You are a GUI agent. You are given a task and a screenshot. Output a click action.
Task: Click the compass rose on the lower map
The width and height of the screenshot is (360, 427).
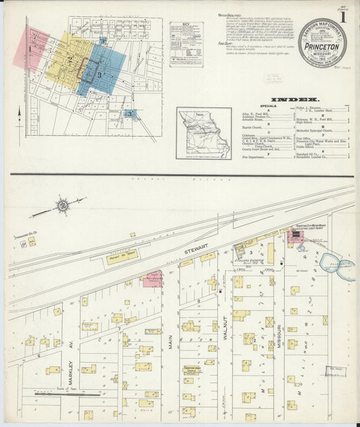(62, 203)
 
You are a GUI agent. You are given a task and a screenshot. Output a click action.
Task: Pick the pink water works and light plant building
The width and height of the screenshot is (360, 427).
(295, 236)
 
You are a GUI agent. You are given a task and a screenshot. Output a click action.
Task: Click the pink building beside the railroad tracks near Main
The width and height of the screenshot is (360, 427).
(153, 278)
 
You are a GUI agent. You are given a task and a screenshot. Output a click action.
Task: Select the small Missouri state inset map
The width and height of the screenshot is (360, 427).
(203, 134)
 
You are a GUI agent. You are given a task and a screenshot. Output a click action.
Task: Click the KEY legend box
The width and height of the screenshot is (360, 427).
(186, 43)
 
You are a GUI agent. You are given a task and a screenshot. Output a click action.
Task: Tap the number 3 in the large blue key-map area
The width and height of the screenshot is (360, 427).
(99, 74)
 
